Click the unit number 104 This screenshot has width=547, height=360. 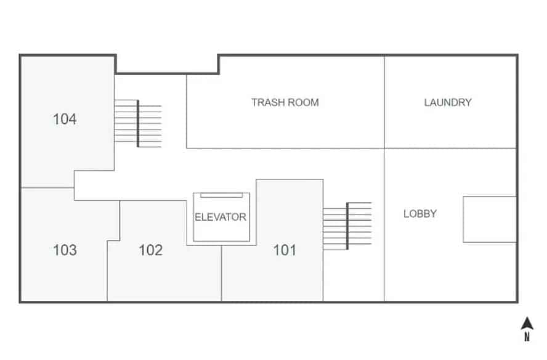coord(65,119)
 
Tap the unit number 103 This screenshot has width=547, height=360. coord(65,250)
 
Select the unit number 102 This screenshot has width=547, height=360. coord(150,250)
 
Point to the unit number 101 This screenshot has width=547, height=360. coord(285,250)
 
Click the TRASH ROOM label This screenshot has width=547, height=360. coord(285,102)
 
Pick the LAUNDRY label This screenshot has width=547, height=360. coord(447,102)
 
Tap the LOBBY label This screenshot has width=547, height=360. coord(420,214)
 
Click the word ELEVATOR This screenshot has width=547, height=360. coord(221,217)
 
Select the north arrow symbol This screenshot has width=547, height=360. coord(527,324)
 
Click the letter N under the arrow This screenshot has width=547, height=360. coord(527,337)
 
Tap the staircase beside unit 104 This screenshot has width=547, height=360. coord(138,124)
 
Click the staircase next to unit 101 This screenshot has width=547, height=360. coord(347,226)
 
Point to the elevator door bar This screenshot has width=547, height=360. coord(221,195)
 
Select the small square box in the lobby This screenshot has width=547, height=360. coord(489,219)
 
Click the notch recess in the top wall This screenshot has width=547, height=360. coord(167,64)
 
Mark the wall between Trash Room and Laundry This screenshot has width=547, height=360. coord(384,102)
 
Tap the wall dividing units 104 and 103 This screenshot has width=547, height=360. coord(47,187)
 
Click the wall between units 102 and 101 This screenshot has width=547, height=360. coord(221,274)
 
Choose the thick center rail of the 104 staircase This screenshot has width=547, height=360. coord(138,124)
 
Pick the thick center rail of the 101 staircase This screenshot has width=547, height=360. coord(347,226)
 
